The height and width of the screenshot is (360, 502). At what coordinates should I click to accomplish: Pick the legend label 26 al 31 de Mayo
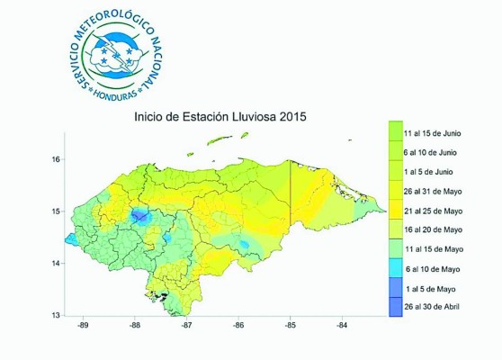[438, 191]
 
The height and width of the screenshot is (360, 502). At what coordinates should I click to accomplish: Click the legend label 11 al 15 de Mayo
[438, 249]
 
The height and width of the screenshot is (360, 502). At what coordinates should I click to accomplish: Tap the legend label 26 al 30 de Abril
[438, 309]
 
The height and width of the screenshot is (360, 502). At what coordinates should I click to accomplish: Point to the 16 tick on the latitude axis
[56, 159]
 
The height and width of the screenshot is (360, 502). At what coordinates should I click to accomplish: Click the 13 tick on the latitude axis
[56, 314]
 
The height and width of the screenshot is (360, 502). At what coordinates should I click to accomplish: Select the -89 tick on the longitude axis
[81, 326]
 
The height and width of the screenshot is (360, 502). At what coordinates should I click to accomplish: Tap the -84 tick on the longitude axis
[342, 326]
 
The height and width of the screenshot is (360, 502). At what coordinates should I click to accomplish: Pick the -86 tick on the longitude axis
[238, 326]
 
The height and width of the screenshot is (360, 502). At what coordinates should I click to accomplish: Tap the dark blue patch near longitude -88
[139, 215]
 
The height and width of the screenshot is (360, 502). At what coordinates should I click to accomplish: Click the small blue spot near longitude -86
[244, 245]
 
